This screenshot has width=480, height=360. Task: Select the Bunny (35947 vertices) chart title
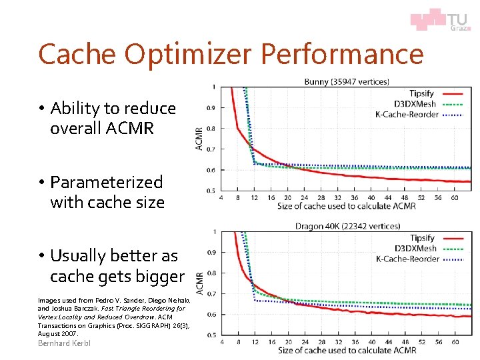pos(346,82)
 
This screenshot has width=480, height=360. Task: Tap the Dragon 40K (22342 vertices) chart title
pos(347,227)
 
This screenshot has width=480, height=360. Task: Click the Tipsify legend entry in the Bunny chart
pos(421,94)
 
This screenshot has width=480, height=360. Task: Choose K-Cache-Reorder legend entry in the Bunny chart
pos(407,114)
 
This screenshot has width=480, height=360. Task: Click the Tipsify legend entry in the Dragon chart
pos(421,238)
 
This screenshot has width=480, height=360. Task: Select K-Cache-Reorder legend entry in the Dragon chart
pos(407,259)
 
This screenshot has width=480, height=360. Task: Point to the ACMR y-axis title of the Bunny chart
pos(199,139)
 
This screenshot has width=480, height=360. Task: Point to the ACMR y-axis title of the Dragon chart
pos(199,283)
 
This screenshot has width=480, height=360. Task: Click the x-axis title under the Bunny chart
pos(347,206)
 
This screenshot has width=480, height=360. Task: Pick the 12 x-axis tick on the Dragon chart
pos(255,342)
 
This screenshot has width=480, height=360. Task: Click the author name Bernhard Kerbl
pos(64,343)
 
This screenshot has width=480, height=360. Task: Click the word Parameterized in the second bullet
pos(106,182)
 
